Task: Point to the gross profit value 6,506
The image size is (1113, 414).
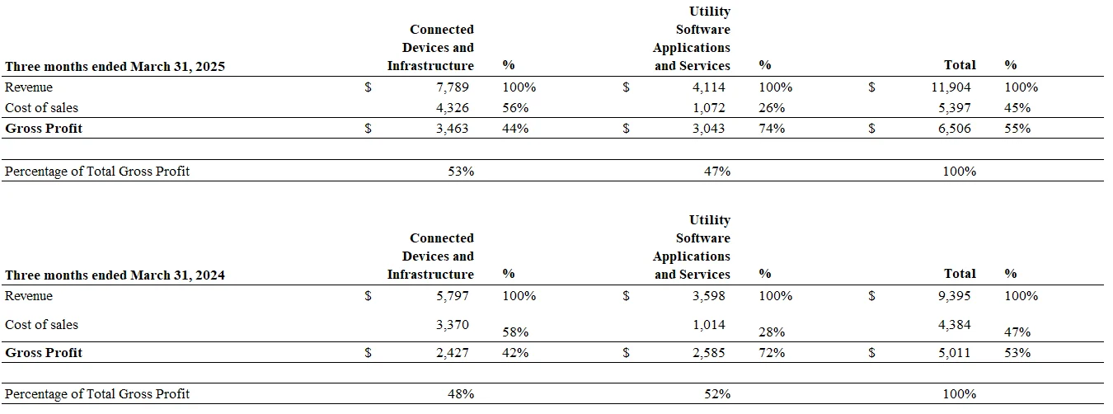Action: click(954, 129)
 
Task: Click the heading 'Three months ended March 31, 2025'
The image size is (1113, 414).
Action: click(115, 66)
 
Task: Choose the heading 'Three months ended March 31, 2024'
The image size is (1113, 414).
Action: click(115, 275)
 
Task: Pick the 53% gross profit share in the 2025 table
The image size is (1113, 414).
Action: click(461, 172)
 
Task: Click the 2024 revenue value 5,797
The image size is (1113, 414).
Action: click(453, 296)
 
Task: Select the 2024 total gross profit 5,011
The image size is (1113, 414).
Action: click(954, 353)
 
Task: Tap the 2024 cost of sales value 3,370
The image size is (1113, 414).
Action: click(453, 325)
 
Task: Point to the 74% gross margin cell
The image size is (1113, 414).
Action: click(772, 129)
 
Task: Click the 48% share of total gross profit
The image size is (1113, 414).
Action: click(461, 394)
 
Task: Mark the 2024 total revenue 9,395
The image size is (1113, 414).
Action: click(954, 296)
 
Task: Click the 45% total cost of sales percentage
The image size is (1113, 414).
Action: click(1017, 108)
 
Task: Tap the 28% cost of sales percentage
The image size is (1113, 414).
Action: click(772, 332)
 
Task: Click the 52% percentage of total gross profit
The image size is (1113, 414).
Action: click(717, 394)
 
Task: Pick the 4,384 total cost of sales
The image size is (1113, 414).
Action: click(954, 325)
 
